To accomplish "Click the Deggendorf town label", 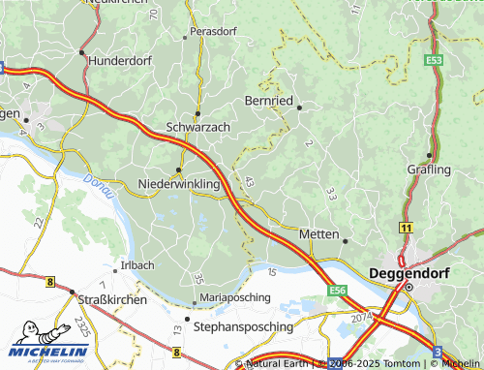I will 412,273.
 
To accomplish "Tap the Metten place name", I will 318,234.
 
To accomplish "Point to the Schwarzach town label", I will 197,127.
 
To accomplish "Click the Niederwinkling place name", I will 179,183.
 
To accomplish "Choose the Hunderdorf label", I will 121,60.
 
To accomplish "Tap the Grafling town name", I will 429,170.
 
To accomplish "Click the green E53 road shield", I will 434,60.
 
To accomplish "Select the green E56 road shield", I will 337,290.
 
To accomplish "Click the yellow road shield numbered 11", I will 406,226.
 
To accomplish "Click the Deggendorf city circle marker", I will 408,288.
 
